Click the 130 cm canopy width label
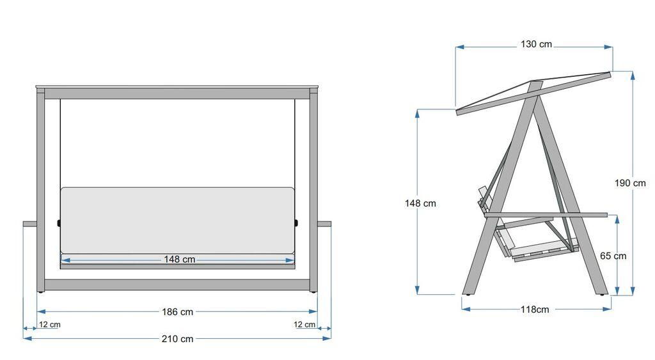(x=535, y=45)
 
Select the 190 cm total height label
(x=630, y=183)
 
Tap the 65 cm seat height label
(x=613, y=256)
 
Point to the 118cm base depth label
(x=534, y=309)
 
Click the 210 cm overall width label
(x=178, y=339)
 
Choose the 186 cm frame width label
(x=178, y=312)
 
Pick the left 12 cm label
(x=49, y=325)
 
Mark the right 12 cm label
(x=304, y=325)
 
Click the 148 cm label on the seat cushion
(x=179, y=260)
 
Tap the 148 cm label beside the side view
(x=420, y=203)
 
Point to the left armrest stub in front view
(x=30, y=224)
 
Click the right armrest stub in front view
(x=324, y=224)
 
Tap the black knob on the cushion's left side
(x=59, y=223)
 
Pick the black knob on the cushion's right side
(x=297, y=223)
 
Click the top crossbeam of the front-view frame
(x=177, y=93)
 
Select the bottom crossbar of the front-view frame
(x=177, y=285)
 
